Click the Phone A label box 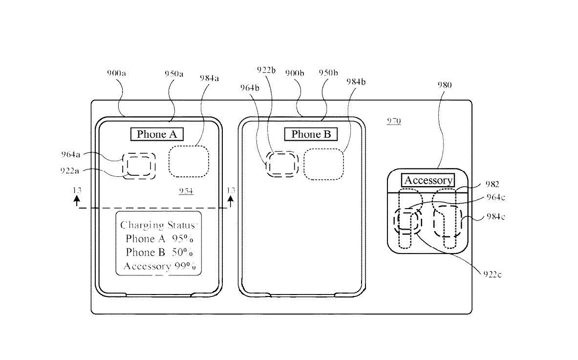pyautogui.click(x=156, y=134)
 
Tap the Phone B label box pyautogui.click(x=311, y=134)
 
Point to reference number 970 pyautogui.click(x=394, y=121)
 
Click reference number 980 pyautogui.click(x=444, y=85)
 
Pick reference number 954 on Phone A pyautogui.click(x=186, y=191)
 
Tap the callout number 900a pyautogui.click(x=116, y=73)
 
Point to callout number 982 pyautogui.click(x=492, y=184)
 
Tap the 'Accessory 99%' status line pyautogui.click(x=159, y=266)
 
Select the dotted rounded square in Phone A pyautogui.click(x=189, y=162)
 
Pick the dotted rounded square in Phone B pyautogui.click(x=323, y=164)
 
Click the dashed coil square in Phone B pyautogui.click(x=282, y=164)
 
